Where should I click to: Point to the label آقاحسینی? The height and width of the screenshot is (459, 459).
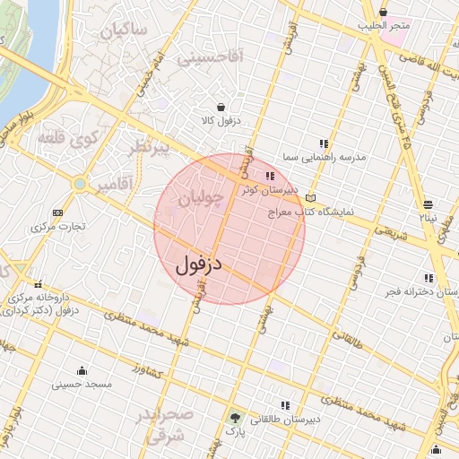[210, 58]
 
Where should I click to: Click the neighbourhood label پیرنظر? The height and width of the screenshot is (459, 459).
[148, 149]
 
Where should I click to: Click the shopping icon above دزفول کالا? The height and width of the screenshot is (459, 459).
[221, 108]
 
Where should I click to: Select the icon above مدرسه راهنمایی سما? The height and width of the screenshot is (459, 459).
[324, 143]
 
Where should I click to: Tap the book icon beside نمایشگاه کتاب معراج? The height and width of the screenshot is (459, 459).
[311, 198]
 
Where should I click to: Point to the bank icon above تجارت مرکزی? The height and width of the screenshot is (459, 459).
[58, 212]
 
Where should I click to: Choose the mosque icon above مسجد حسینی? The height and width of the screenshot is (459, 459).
[82, 371]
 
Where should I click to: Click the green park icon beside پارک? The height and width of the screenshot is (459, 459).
[235, 418]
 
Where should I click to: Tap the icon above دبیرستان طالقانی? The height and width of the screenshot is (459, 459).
[285, 406]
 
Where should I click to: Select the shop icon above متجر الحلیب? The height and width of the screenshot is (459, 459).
[384, 12]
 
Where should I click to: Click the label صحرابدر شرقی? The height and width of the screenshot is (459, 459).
[165, 426]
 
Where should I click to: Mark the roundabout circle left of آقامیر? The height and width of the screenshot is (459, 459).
[80, 184]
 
